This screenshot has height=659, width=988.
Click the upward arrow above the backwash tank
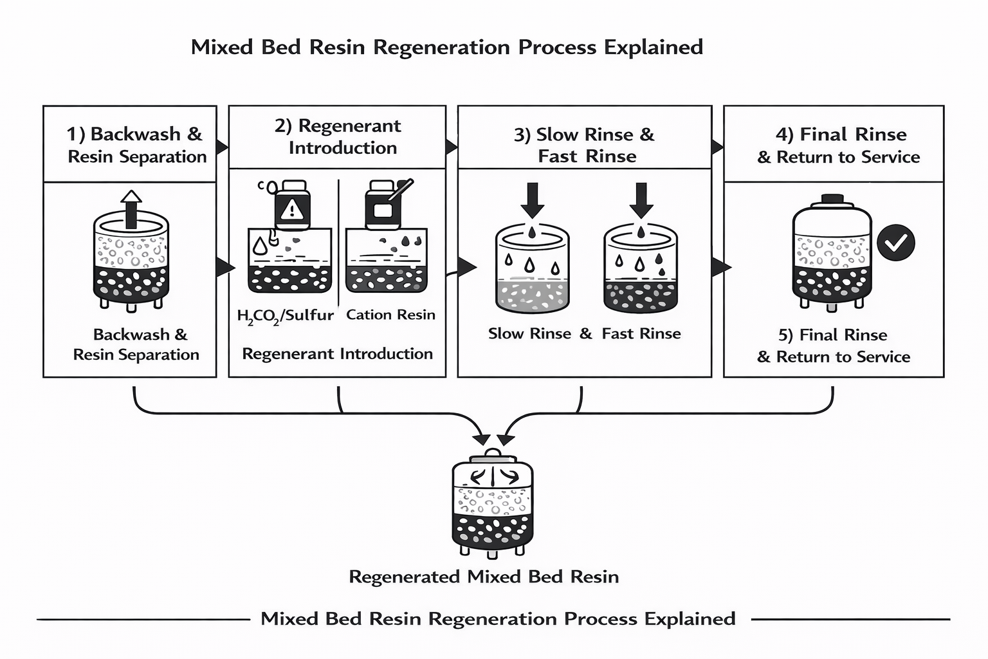point(131,209)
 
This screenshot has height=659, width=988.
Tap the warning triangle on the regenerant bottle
point(292,209)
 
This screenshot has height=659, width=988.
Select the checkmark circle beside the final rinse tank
point(896,243)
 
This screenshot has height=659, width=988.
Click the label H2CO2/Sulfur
point(286,315)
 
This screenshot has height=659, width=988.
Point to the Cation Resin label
point(390,315)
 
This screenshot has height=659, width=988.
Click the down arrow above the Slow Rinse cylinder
point(532,200)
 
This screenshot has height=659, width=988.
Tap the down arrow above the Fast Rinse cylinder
point(641,200)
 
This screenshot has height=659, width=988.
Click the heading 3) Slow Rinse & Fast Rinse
point(585,145)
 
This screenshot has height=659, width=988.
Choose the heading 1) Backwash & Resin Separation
point(135,145)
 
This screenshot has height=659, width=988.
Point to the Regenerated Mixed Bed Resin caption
point(484,577)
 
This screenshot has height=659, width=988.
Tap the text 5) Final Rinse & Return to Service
point(834,346)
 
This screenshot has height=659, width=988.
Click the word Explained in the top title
point(654,47)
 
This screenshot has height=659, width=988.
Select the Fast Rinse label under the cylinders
point(641,333)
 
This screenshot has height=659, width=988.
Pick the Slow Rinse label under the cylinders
point(529,333)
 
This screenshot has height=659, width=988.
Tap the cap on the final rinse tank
point(832,198)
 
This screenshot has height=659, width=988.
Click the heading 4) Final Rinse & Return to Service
point(839,145)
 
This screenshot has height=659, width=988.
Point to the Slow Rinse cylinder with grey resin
point(532,270)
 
